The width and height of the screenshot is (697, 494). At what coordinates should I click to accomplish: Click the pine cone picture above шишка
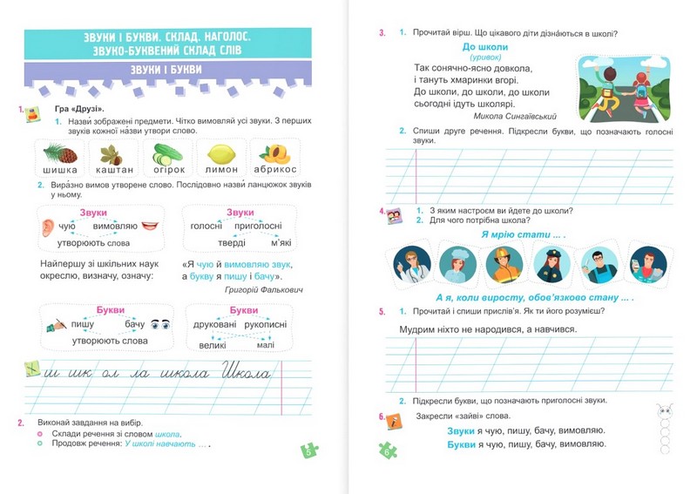point(59,154)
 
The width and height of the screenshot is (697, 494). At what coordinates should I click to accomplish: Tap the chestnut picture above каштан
point(110,154)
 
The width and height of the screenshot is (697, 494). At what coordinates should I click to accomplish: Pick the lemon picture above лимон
point(221,154)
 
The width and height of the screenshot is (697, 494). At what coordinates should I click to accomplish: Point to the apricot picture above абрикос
point(275,154)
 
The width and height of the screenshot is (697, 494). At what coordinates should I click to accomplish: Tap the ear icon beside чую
point(48,227)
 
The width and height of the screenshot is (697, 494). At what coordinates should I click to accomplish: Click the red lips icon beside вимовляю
point(151,226)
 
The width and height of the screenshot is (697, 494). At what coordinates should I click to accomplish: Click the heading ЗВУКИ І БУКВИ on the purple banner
point(166,70)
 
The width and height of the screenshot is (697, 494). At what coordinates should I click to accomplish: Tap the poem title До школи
point(485,47)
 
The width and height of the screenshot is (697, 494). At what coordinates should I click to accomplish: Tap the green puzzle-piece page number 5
point(309,450)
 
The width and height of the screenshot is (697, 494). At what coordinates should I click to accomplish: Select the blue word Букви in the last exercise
point(461,444)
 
